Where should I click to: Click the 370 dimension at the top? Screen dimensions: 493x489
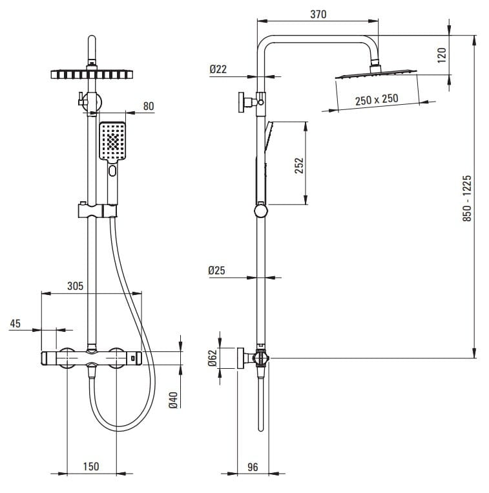point(318,14)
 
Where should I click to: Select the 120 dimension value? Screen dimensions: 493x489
point(442,54)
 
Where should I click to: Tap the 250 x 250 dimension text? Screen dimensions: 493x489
point(377,99)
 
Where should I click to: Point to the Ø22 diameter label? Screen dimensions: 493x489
point(218,70)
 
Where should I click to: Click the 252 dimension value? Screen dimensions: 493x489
point(298,166)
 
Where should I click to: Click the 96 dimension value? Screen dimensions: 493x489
point(253,466)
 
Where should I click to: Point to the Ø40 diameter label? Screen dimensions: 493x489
point(173,400)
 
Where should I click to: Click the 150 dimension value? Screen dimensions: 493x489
point(91,466)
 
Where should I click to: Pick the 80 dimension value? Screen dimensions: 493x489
point(149,107)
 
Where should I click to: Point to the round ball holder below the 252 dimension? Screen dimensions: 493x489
point(261,210)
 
